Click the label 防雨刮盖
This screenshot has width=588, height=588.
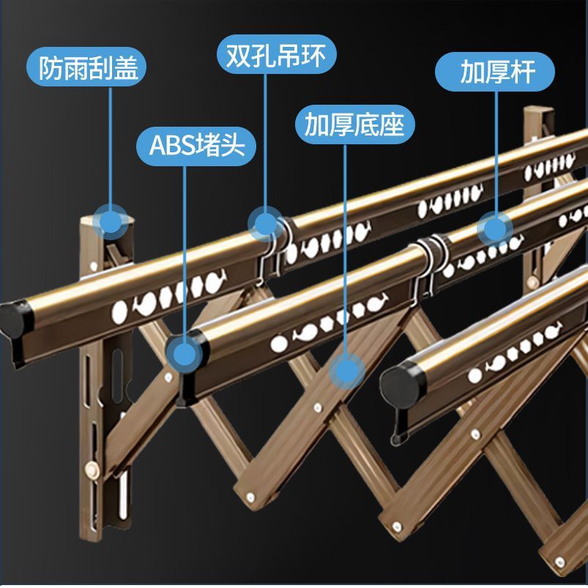click(x=86, y=67)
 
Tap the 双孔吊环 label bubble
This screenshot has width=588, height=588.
click(x=276, y=54)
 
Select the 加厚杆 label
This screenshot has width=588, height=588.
click(x=494, y=72)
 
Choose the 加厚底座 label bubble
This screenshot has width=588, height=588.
click(x=354, y=124)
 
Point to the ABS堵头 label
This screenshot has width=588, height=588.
click(x=196, y=146)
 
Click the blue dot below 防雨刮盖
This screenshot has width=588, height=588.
click(x=111, y=222)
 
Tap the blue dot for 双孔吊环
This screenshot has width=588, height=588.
click(x=266, y=224)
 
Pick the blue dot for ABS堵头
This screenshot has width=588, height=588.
click(x=184, y=354)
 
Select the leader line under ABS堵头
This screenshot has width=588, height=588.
click(x=185, y=251)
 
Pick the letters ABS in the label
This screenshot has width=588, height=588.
click(x=172, y=146)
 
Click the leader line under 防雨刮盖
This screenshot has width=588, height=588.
click(x=111, y=146)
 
